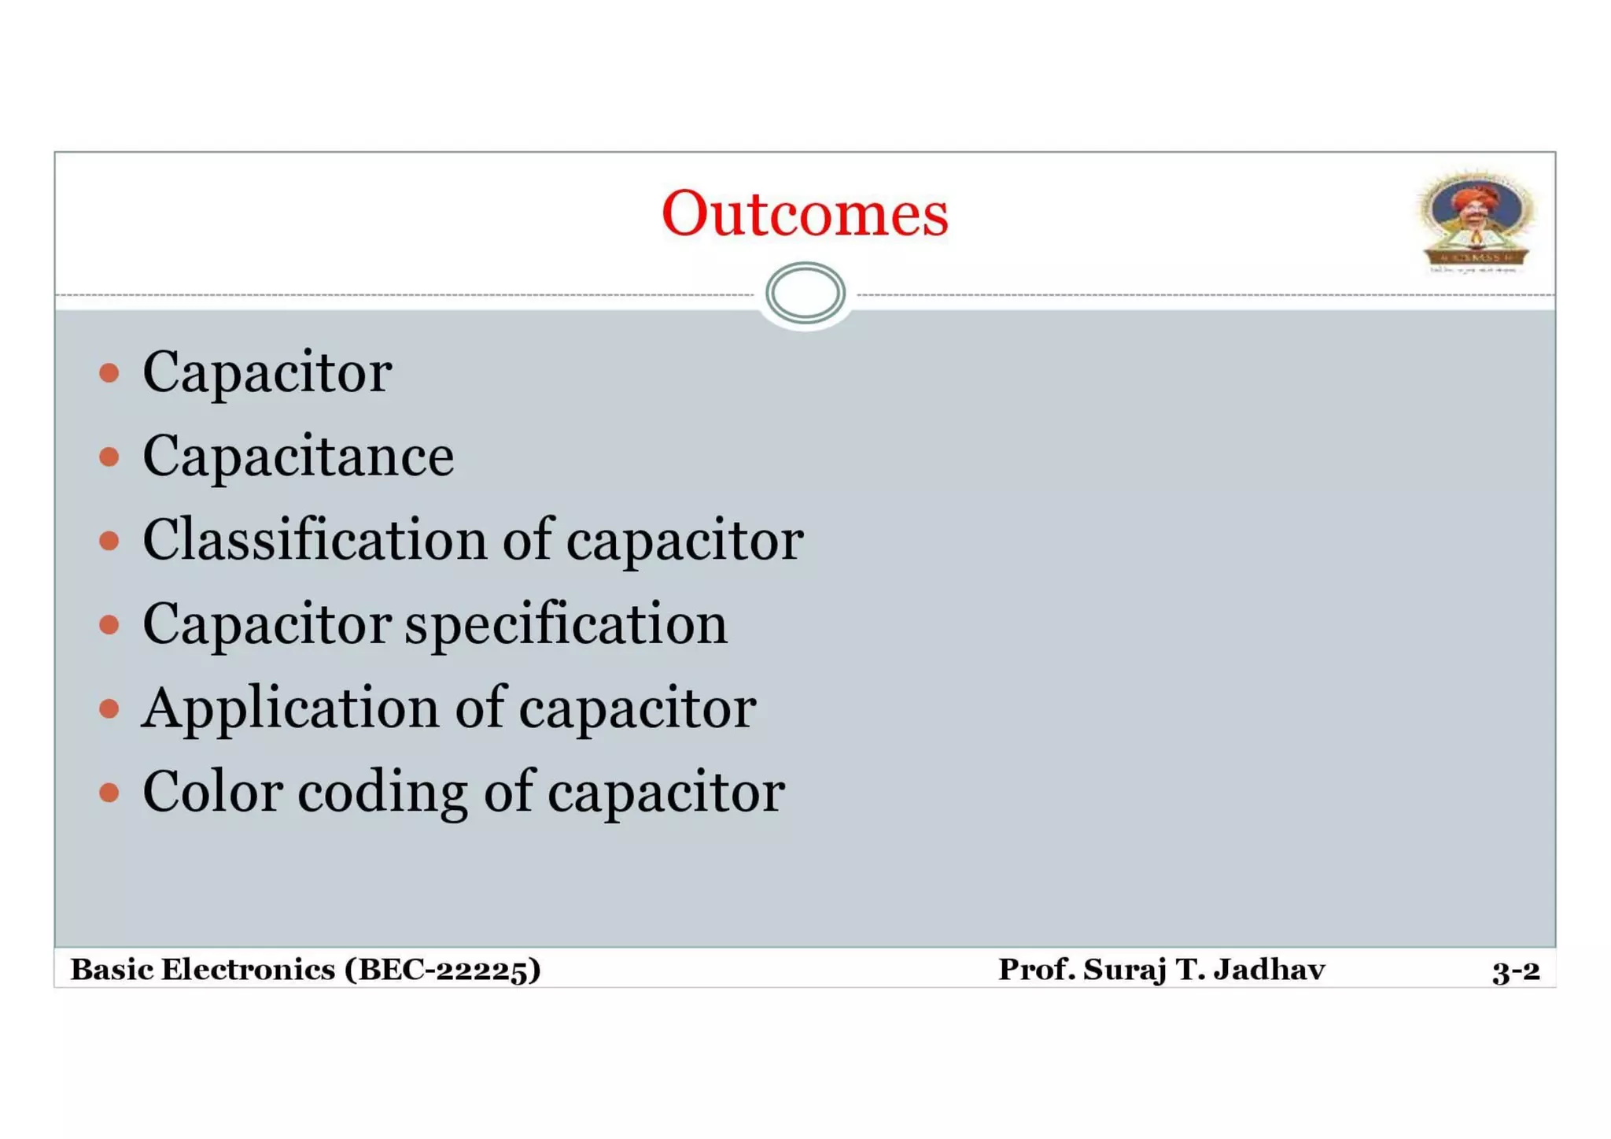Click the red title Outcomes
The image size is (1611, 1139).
pos(805,213)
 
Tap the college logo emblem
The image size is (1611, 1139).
pos(1476,221)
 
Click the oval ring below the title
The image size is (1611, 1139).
pos(805,293)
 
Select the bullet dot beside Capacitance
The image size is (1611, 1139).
pos(109,457)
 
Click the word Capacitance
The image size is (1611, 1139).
pos(298,457)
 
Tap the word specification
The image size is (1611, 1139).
pos(566,625)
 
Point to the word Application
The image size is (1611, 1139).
pos(290,709)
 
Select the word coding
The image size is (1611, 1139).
pos(382,793)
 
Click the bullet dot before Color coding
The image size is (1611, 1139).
pos(109,792)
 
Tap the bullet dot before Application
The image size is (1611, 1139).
pos(109,708)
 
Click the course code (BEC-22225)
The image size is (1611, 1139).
pos(443,970)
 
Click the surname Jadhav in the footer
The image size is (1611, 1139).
pos(1269,970)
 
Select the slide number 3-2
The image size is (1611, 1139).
pos(1516,971)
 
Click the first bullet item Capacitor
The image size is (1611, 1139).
pos(267,372)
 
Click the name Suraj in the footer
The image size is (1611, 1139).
pos(1125,970)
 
